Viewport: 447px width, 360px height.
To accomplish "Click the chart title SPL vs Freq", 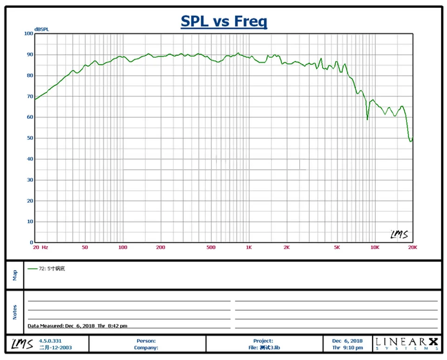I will [x=223, y=21].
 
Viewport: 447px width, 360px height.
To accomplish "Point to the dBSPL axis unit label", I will [x=41, y=29].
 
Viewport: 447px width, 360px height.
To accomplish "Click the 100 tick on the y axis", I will [x=29, y=33].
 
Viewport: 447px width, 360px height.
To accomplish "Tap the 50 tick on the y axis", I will [x=30, y=138].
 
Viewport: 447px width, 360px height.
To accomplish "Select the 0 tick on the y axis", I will [x=32, y=242].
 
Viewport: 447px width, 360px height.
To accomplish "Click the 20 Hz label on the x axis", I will [x=41, y=247].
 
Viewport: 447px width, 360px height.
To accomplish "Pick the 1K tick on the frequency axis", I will [x=249, y=247].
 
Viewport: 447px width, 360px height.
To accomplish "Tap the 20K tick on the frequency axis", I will [x=412, y=247].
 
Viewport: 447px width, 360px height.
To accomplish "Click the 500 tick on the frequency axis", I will [x=211, y=247].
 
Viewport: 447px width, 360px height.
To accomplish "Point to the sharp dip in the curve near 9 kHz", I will [x=367, y=119].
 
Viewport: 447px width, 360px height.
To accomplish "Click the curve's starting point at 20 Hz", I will [x=35, y=99].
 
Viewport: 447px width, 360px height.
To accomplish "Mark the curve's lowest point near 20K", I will [x=411, y=141].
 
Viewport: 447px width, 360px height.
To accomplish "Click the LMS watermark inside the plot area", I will [x=399, y=235].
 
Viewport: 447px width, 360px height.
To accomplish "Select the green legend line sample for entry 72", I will [x=33, y=268].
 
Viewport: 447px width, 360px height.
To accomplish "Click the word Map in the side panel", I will [x=14, y=275].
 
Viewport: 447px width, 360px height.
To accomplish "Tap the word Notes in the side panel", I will [x=14, y=312].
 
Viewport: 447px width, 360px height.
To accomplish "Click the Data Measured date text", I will [x=77, y=326].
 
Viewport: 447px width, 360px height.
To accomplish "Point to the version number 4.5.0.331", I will [x=50, y=341].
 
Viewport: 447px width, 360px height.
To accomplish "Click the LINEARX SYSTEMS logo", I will [x=406, y=344].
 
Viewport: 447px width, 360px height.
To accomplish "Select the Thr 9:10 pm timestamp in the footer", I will [x=347, y=347].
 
